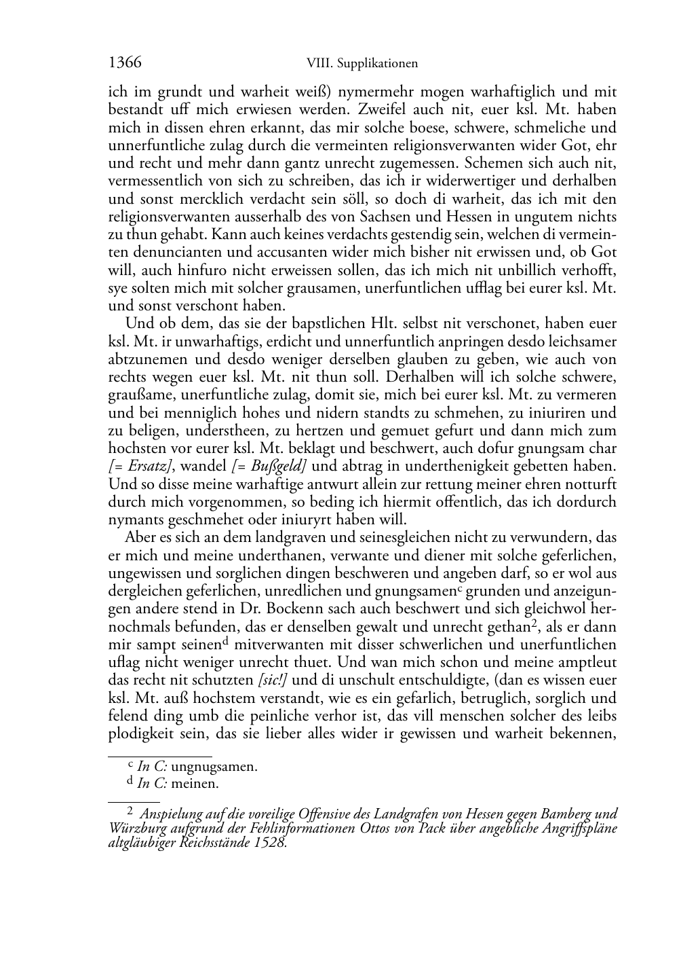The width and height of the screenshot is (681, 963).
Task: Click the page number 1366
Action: point(125,63)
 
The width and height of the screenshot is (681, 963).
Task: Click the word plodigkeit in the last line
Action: point(142,734)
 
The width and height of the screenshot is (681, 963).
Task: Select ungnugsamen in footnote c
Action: point(214,767)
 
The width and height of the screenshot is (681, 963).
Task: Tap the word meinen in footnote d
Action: point(195,783)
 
